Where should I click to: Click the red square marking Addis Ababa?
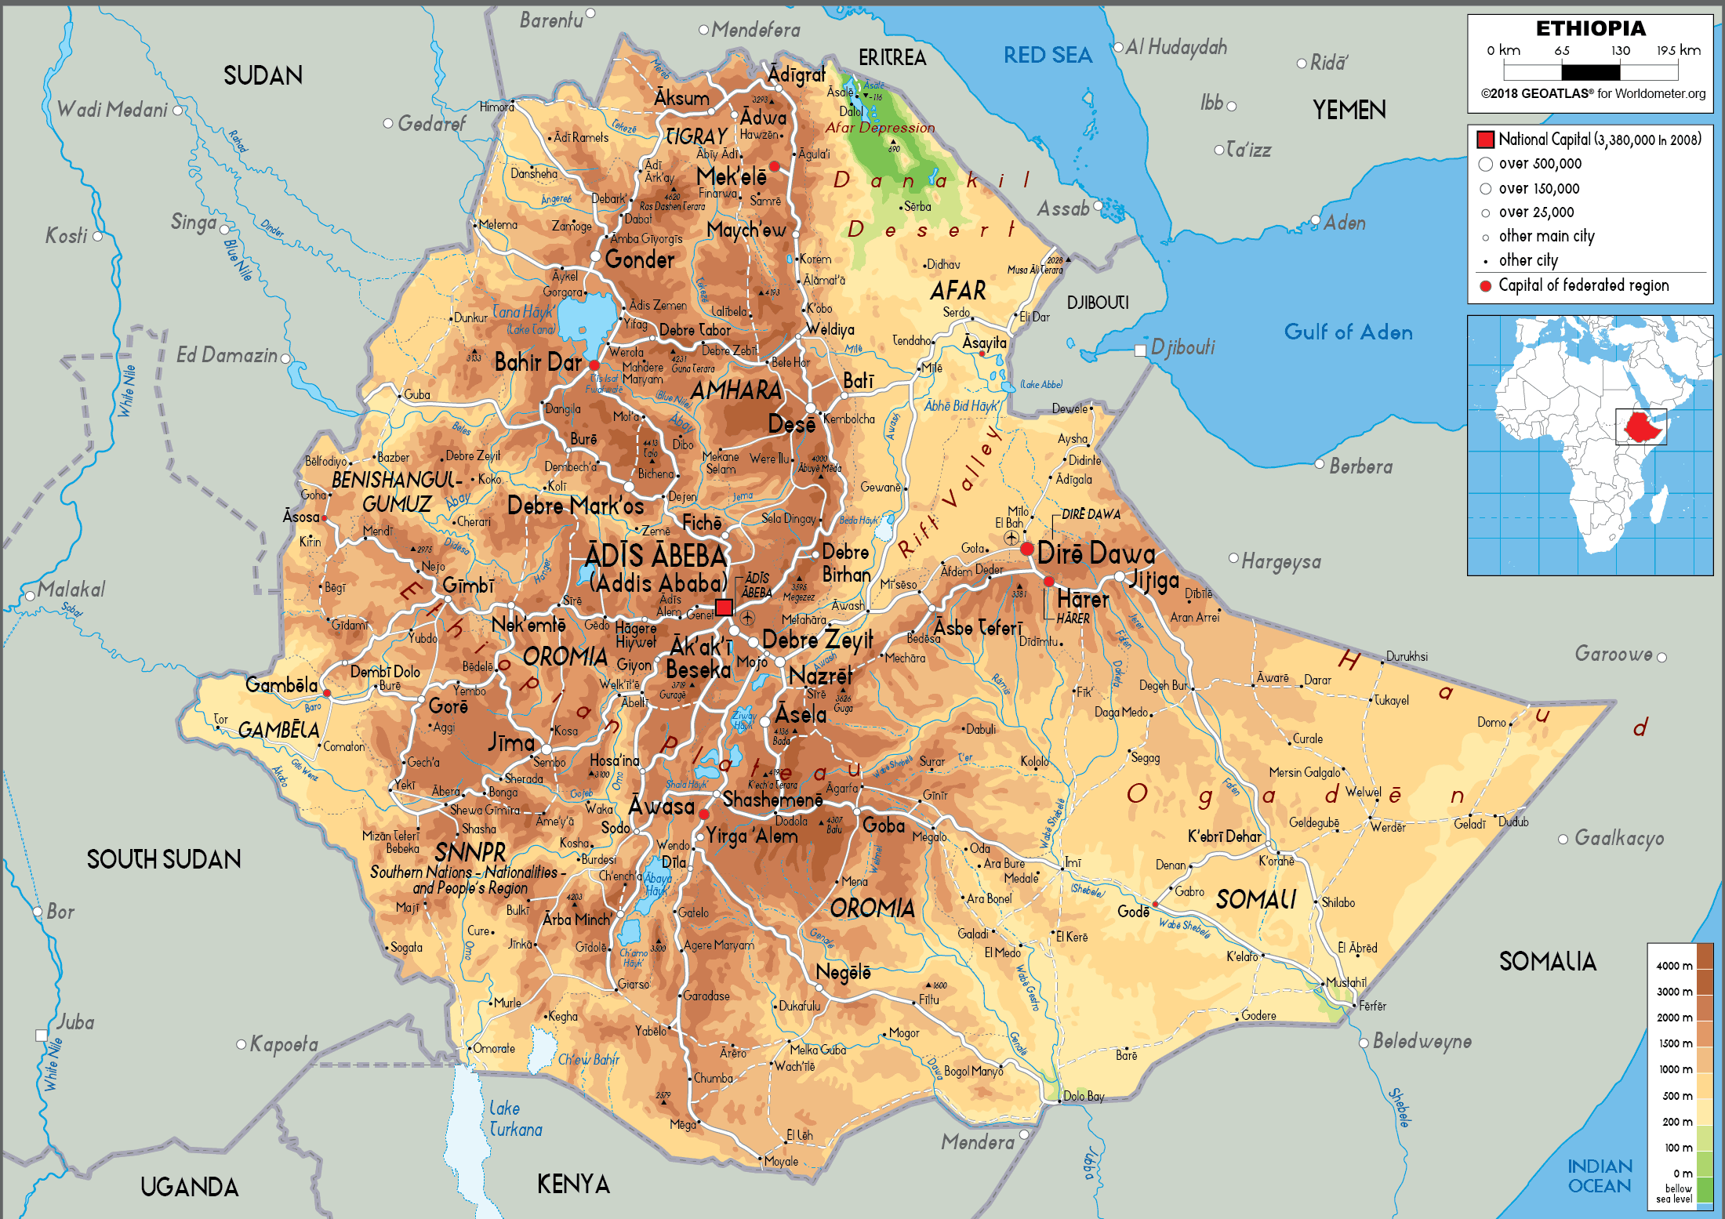pyautogui.click(x=724, y=607)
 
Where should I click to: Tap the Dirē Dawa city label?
pyautogui.click(x=1095, y=553)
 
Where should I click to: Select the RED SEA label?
pyautogui.click(x=1048, y=55)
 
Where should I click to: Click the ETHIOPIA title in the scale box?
pyautogui.click(x=1590, y=29)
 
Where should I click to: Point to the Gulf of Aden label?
pyautogui.click(x=1348, y=332)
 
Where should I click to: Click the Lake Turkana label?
pyautogui.click(x=515, y=1119)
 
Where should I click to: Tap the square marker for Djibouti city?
pyautogui.click(x=1140, y=350)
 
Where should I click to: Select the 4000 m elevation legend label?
pyautogui.click(x=1674, y=966)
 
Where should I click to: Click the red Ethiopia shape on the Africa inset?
pyautogui.click(x=1642, y=426)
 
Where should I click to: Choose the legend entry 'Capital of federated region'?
pyautogui.click(x=1583, y=285)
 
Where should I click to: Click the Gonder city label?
pyautogui.click(x=639, y=259)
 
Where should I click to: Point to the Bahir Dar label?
pyautogui.click(x=538, y=362)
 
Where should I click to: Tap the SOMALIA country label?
pyautogui.click(x=1547, y=961)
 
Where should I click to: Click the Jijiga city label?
pyautogui.click(x=1153, y=580)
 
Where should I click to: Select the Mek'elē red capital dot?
pyautogui.click(x=774, y=166)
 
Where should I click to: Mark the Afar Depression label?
pyautogui.click(x=880, y=128)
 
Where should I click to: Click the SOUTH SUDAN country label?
pyautogui.click(x=164, y=859)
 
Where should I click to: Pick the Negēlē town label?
pyautogui.click(x=843, y=972)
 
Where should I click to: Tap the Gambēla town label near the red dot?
pyautogui.click(x=281, y=685)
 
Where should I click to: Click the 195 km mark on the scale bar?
pyautogui.click(x=1678, y=51)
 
